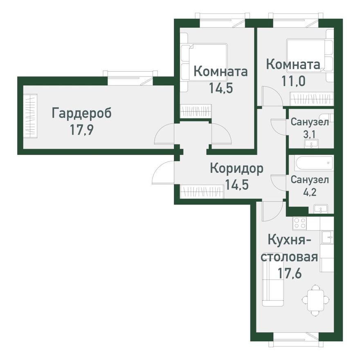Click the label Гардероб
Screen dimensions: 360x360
pyautogui.click(x=81, y=113)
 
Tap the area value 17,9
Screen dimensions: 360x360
pyautogui.click(x=82, y=131)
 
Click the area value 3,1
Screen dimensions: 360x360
pyautogui.click(x=309, y=133)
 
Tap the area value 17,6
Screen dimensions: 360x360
pyautogui.click(x=290, y=273)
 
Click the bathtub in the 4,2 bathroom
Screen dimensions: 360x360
pyautogui.click(x=311, y=163)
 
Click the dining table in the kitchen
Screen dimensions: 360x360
pyautogui.click(x=315, y=299)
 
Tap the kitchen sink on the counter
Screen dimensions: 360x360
pyautogui.click(x=327, y=236)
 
